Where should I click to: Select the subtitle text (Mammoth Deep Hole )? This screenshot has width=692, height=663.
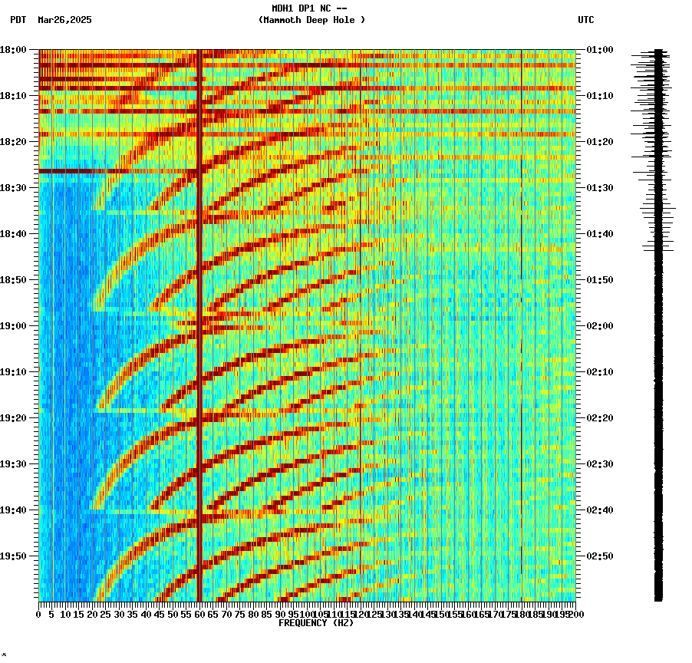(311, 20)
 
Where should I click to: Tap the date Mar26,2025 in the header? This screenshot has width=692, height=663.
(64, 20)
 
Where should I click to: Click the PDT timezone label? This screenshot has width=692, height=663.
(18, 20)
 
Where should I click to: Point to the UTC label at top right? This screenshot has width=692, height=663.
(585, 20)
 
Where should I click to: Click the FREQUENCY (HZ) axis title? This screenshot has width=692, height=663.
(316, 623)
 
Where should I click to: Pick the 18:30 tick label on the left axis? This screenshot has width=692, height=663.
(14, 188)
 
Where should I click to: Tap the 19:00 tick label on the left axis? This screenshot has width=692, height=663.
(14, 326)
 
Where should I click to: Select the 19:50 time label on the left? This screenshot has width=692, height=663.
(14, 556)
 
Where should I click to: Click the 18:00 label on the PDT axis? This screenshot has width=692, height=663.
(14, 50)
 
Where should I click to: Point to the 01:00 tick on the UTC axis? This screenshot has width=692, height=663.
(599, 50)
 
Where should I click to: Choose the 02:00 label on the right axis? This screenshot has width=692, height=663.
(599, 326)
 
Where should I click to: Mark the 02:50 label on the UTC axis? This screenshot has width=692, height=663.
(599, 556)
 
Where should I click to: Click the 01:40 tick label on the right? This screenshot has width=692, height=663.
(599, 234)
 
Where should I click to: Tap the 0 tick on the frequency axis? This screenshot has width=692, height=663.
(39, 615)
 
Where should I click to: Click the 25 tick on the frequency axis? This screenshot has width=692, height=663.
(106, 615)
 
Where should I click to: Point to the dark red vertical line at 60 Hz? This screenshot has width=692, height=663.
(199, 322)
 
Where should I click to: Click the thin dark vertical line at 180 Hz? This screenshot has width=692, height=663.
(521, 322)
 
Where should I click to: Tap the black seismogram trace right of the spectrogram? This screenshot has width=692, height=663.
(658, 322)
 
